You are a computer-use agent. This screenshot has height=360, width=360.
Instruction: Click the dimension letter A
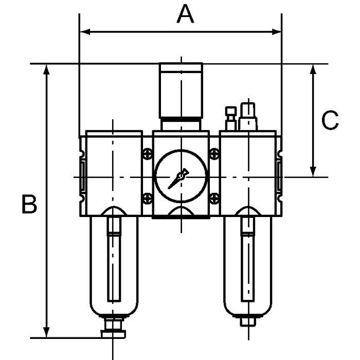coord(186,14)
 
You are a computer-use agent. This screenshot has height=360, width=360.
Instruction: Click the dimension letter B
coord(29,204)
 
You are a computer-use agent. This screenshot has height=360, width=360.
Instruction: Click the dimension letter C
coord(330,120)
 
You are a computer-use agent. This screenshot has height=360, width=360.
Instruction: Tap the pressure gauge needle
coord(178,179)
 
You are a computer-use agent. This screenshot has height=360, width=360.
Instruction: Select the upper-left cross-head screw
coord(148,154)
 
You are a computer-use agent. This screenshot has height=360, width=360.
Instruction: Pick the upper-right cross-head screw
coord(214,154)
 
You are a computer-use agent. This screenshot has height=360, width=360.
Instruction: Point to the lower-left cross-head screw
coord(148,199)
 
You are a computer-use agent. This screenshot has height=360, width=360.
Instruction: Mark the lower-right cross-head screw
coord(214,199)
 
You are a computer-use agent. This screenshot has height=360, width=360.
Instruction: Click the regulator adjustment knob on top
coord(181,91)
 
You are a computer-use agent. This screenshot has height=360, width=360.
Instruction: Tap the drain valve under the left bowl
coord(114,328)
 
